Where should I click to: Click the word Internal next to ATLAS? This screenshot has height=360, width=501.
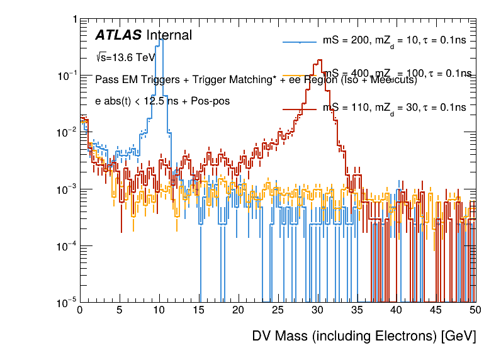tap(169, 35)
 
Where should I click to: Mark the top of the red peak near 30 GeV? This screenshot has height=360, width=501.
tap(320, 60)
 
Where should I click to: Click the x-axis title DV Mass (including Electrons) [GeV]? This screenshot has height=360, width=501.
tap(364, 336)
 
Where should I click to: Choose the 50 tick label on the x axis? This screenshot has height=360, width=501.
tap(475, 310)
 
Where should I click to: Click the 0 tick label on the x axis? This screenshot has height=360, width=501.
tap(80, 310)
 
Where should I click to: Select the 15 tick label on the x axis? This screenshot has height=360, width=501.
tap(198, 310)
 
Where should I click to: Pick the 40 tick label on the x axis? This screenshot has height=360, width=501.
tap(396, 310)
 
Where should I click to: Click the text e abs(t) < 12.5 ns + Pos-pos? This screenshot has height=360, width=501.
tap(162, 101)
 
